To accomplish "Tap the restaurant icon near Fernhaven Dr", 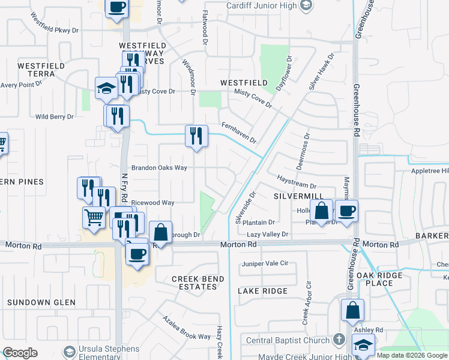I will [x=196, y=136].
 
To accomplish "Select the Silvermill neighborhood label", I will [x=298, y=197].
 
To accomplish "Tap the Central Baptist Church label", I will [x=289, y=340].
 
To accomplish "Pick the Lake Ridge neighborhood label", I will [x=262, y=291].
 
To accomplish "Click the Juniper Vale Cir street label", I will [x=265, y=263].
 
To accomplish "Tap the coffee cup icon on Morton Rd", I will [x=137, y=253].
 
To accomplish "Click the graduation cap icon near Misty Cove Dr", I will [x=106, y=88].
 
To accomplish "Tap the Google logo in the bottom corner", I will [x=20, y=353].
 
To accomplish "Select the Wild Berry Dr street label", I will [x=54, y=116].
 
